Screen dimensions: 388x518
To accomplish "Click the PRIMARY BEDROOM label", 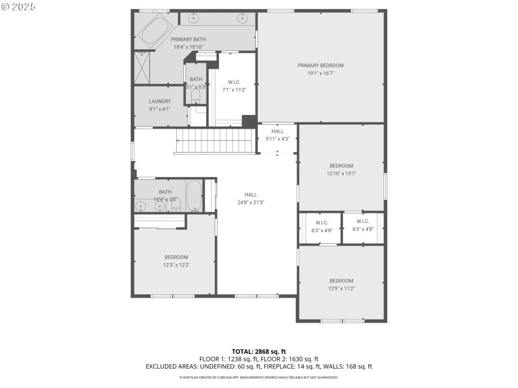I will [321, 65].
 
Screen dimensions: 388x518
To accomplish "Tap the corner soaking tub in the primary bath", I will [153, 30].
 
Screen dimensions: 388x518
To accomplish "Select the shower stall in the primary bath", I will [142, 65].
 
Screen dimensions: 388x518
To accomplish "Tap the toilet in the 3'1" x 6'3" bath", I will [196, 95].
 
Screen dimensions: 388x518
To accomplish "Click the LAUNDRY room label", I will [160, 102].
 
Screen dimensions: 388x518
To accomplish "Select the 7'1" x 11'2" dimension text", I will [234, 91].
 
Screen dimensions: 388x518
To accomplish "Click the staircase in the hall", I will [216, 140].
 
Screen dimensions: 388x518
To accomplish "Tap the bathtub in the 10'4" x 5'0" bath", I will [194, 196].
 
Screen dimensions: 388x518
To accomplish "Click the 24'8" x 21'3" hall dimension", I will [251, 202].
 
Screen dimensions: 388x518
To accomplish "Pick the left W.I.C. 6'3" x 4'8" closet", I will [320, 227].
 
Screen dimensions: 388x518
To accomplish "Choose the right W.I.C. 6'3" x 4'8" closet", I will [363, 227].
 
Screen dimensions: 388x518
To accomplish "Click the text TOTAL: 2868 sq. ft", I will [259, 351].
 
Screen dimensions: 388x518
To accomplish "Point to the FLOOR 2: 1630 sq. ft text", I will [289, 359].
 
